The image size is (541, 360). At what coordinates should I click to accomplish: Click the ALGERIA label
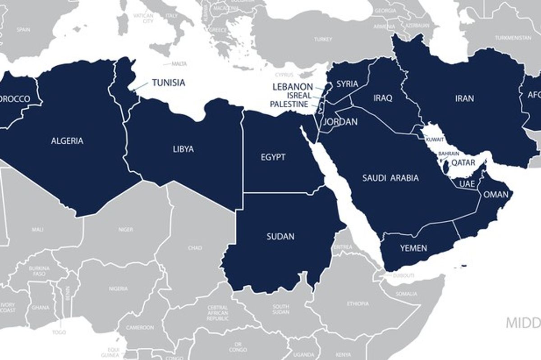coord(67,141)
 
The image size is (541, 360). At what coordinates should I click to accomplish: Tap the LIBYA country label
coord(183,149)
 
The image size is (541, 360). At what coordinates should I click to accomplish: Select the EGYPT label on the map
coord(273,157)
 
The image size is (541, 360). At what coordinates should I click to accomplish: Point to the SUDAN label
coord(280,236)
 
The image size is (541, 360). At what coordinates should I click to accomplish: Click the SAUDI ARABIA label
coord(390,178)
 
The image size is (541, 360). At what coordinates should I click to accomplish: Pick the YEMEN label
coord(413,248)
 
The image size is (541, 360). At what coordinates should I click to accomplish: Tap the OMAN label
coord(495,195)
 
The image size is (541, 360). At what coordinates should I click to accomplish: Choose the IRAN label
coord(465,98)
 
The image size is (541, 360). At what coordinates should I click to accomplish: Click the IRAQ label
coord(383,98)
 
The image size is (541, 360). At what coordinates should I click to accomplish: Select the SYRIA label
coord(347,84)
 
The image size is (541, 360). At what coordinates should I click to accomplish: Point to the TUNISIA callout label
coord(168,83)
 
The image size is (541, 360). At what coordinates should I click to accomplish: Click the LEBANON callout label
coord(293,87)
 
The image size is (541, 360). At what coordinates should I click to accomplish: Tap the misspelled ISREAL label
coord(299,96)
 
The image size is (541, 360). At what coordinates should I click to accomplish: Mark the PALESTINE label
coord(289,104)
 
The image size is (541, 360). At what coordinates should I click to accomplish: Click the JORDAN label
coord(340,122)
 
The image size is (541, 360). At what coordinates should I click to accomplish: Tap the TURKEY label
coord(323,39)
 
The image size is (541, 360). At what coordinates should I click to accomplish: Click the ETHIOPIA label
coord(358,304)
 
